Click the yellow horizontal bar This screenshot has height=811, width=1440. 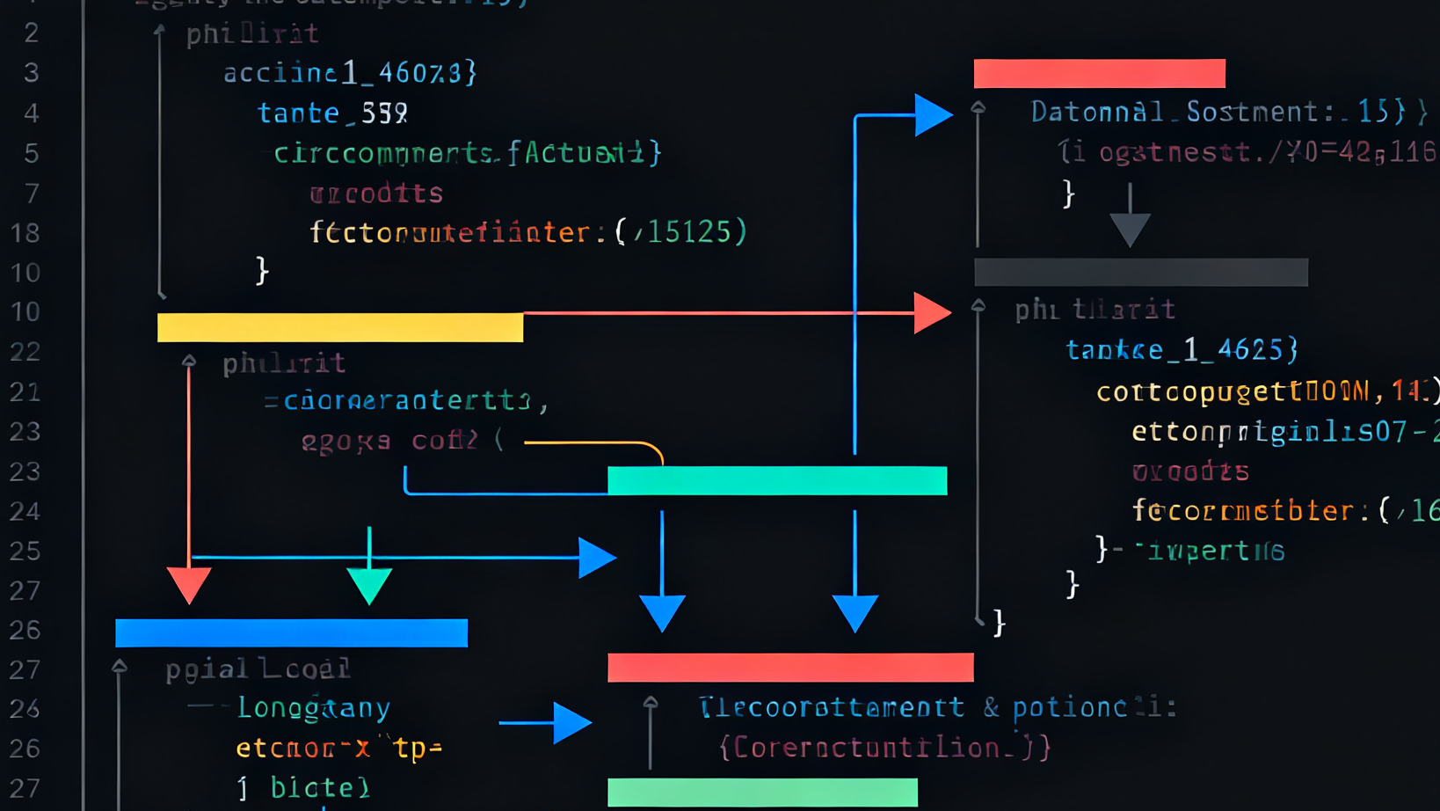tap(340, 327)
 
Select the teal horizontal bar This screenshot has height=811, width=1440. tap(777, 480)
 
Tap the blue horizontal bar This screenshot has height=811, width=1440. tap(291, 632)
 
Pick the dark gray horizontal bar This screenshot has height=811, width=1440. tap(1140, 272)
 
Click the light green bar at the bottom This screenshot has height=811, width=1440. tap(762, 792)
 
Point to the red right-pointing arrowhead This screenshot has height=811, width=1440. tap(931, 312)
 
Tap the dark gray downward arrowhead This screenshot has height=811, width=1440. tap(1130, 229)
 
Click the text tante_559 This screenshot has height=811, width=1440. tap(332, 113)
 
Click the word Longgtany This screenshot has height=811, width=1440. tap(314, 707)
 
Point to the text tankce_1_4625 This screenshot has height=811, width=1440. tap(1182, 350)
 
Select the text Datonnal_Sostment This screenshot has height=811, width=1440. tap(1175, 112)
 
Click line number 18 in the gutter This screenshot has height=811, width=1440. tap(25, 233)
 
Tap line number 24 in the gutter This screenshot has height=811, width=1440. tap(25, 511)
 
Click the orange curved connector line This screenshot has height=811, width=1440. tap(598, 444)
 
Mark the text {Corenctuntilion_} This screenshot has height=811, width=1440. tap(884, 748)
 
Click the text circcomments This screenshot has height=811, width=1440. tap(383, 153)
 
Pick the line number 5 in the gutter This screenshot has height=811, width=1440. tap(32, 154)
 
